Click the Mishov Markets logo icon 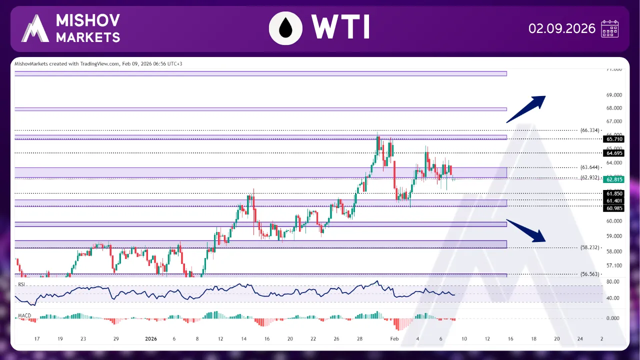coord(35,28)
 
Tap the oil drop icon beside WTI coord(285,28)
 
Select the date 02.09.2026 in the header coord(561,28)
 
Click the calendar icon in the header coord(610,28)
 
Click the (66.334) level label coord(590,130)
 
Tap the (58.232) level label coord(590,247)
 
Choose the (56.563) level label coord(590,274)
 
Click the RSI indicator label coord(21,284)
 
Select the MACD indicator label coord(23,315)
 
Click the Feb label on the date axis coord(394,338)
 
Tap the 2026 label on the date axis coord(151,338)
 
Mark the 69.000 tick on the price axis coord(613,95)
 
